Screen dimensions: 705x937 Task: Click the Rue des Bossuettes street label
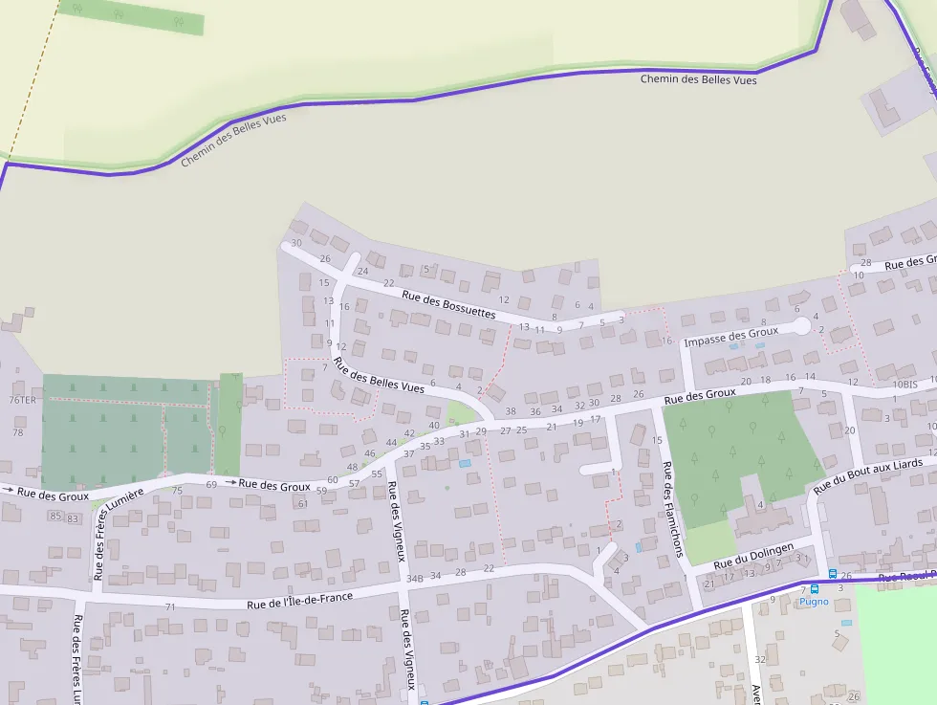tap(449, 306)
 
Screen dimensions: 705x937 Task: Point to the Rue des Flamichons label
tap(672, 509)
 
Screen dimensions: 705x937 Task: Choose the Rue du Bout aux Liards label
tap(868, 475)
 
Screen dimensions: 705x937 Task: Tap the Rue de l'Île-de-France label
tap(299, 600)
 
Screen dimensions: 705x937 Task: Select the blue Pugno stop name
tap(814, 602)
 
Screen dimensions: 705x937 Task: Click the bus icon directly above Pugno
tap(815, 588)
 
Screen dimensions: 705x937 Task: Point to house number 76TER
tap(22, 400)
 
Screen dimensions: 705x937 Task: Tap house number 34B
tap(414, 579)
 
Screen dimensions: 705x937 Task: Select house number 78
tap(17, 432)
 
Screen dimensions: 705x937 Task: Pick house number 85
tap(54, 517)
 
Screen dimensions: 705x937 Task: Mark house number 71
tap(170, 606)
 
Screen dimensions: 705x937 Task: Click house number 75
tap(177, 490)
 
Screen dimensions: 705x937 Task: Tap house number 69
tap(211, 484)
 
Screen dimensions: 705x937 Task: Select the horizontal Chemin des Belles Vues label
tap(698, 80)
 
